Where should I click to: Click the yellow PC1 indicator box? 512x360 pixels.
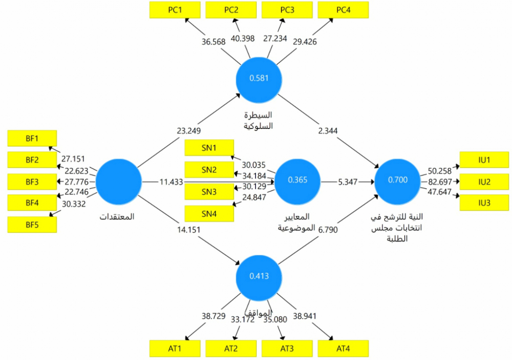coord(175,10)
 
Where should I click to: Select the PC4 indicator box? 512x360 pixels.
coord(343,10)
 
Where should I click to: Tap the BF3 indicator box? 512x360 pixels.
coord(32,182)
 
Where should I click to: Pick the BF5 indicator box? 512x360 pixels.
coord(32,225)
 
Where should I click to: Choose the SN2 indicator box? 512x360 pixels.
coord(209,170)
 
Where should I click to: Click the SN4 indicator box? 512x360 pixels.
coord(209,214)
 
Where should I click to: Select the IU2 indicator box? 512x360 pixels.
coord(484,182)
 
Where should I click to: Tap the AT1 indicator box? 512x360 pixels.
coord(175,349)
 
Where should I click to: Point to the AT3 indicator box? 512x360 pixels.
coord(287,349)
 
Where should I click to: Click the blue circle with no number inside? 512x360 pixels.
coord(119,182)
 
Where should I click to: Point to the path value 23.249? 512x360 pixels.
coord(189,131)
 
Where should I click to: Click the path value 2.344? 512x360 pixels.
coord(328,131)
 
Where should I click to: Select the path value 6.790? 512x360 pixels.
coord(328,229)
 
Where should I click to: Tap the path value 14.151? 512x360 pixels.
coord(189,229)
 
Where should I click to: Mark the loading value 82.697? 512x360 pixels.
coord(440,182)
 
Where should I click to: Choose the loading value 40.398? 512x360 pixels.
coord(243,38)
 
